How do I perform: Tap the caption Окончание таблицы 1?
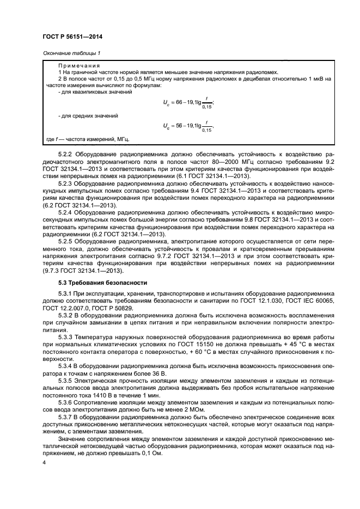(71, 53)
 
